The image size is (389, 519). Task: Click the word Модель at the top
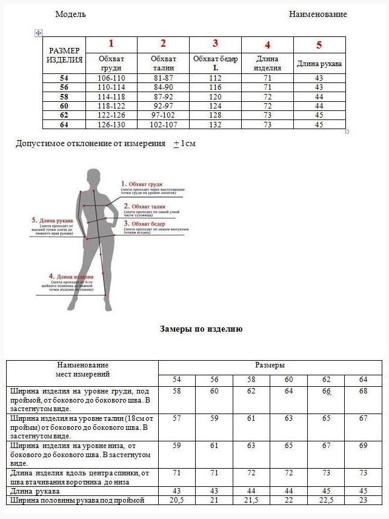click(70, 14)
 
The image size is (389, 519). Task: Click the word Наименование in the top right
click(318, 14)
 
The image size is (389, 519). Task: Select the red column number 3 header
click(215, 43)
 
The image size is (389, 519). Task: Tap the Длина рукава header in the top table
click(319, 64)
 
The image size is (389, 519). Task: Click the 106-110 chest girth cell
click(111, 78)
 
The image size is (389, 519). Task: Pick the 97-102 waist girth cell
click(163, 115)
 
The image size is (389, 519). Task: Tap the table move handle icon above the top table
click(38, 33)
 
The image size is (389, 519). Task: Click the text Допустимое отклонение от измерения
click(90, 144)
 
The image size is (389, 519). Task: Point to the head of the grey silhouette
click(94, 178)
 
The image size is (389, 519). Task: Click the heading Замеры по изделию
click(201, 329)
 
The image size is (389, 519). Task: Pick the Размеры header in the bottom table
click(270, 366)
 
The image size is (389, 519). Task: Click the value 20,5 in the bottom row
click(176, 500)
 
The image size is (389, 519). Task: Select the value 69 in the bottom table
click(363, 446)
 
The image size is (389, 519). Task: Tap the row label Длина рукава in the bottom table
click(35, 491)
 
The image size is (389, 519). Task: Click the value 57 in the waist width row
click(177, 418)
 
